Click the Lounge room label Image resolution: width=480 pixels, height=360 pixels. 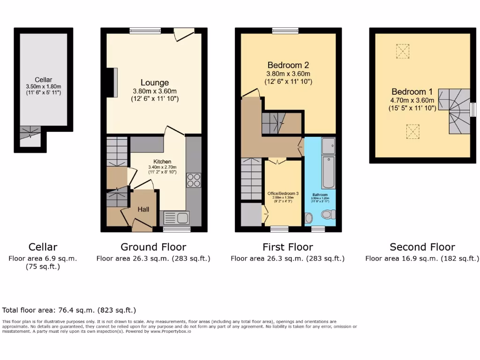pos(155,82)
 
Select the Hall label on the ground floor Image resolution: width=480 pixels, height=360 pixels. pos(143,209)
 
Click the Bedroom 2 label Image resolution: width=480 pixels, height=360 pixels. pos(288,65)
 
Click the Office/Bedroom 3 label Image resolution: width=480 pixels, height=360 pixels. pos(283,194)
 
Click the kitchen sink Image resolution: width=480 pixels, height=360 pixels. pos(176,218)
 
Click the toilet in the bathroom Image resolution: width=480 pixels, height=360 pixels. pos(328,214)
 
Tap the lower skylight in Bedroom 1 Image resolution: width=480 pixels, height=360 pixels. pos(412,130)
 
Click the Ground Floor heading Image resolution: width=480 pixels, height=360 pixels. pos(153,247)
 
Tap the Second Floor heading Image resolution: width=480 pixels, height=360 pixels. pos(422,247)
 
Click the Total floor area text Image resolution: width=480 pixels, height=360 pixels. pos(69,310)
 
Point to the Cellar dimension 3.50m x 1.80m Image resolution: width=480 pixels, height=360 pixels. pos(43,87)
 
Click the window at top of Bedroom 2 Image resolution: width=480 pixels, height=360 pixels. pos(285,30)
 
